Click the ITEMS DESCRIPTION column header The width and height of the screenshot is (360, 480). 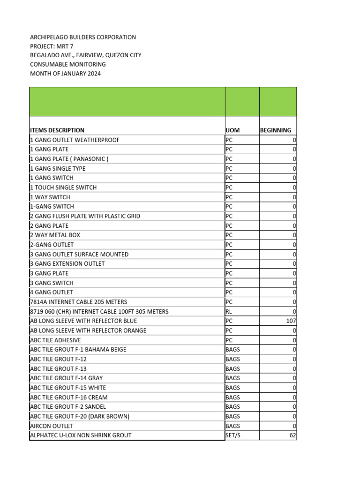coord(57,130)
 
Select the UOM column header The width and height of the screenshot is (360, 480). coord(232,130)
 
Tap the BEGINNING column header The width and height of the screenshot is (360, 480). coord(276,130)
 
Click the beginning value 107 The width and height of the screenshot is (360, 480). coord(291,321)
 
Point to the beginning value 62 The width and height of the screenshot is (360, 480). coord(292,435)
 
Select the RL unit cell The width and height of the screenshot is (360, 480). coord(229,312)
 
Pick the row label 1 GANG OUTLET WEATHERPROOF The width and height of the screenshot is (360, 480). coord(75,140)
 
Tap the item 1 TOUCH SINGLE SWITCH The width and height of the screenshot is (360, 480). coord(64,187)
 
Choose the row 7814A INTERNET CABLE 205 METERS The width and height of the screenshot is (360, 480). coord(79,302)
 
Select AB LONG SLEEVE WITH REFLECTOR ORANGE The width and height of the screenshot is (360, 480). coord(88,330)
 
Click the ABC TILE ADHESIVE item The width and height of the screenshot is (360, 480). coord(55,340)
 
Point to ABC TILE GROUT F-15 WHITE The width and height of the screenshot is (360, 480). coord(68,388)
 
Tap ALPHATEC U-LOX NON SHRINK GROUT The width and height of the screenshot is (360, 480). coord(81,435)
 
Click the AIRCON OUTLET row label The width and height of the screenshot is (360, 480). coord(52,426)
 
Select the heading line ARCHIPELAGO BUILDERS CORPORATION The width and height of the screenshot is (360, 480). coord(83,37)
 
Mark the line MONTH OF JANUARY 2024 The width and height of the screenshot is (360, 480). coord(65,74)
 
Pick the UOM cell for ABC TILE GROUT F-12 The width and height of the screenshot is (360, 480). coord(232,359)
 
